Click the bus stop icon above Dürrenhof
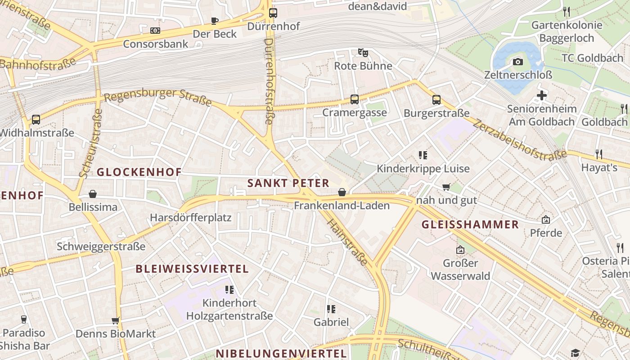273,13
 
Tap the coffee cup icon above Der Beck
215,21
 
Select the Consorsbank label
156,44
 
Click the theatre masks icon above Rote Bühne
363,53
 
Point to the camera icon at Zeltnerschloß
518,62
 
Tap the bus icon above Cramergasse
355,99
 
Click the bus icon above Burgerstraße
436,100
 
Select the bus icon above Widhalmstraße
36,120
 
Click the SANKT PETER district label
288,183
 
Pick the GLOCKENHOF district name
139,172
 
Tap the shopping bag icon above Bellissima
93,194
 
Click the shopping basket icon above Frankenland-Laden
342,193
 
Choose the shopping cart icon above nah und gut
446,187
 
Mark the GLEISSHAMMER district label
470,225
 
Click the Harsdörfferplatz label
191,218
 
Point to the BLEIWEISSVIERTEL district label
192,269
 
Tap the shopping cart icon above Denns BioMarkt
116,321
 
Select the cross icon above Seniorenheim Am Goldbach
542,95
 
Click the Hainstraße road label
346,242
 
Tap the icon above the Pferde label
546,220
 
